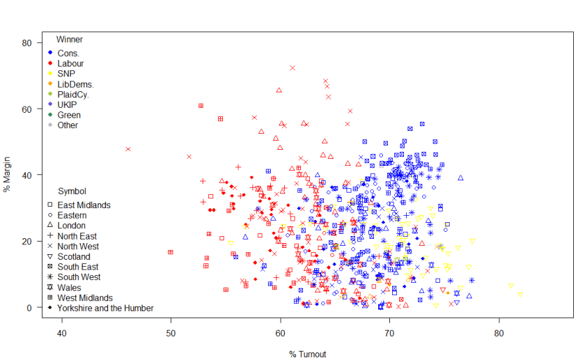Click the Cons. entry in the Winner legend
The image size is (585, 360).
tap(68, 53)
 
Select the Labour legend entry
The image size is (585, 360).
tap(70, 63)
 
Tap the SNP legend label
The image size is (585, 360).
tap(66, 74)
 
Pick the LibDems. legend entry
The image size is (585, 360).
tap(75, 84)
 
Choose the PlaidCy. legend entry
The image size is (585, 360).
tap(73, 94)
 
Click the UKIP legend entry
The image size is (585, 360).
tap(68, 104)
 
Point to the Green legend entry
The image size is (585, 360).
tap(69, 115)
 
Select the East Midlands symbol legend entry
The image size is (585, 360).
tap(84, 205)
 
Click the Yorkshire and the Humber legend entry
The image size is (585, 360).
tap(105, 308)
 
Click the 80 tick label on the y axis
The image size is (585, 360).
tap(28, 42)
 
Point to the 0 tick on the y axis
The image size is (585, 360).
tap(30, 307)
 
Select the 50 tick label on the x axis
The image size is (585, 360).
tap(171, 334)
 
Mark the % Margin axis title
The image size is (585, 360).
tap(7, 175)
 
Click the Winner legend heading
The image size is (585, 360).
tap(70, 40)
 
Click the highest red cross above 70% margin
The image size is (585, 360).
tap(292, 68)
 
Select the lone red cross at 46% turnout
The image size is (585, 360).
tap(128, 149)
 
